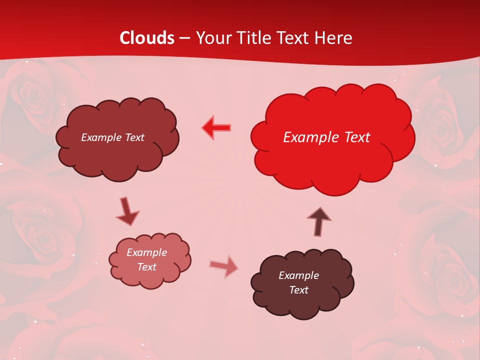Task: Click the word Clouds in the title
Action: pyautogui.click(x=147, y=38)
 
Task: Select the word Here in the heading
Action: pyautogui.click(x=333, y=38)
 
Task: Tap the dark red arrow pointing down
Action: pyautogui.click(x=127, y=211)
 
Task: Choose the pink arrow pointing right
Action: pyautogui.click(x=224, y=266)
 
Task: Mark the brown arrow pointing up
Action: pyautogui.click(x=319, y=221)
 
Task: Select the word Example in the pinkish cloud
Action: pyautogui.click(x=147, y=252)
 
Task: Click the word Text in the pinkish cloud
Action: pyautogui.click(x=147, y=267)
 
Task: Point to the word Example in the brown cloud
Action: pyautogui.click(x=298, y=275)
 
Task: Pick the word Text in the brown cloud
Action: pyautogui.click(x=298, y=290)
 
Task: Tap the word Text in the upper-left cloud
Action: pyautogui.click(x=134, y=137)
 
